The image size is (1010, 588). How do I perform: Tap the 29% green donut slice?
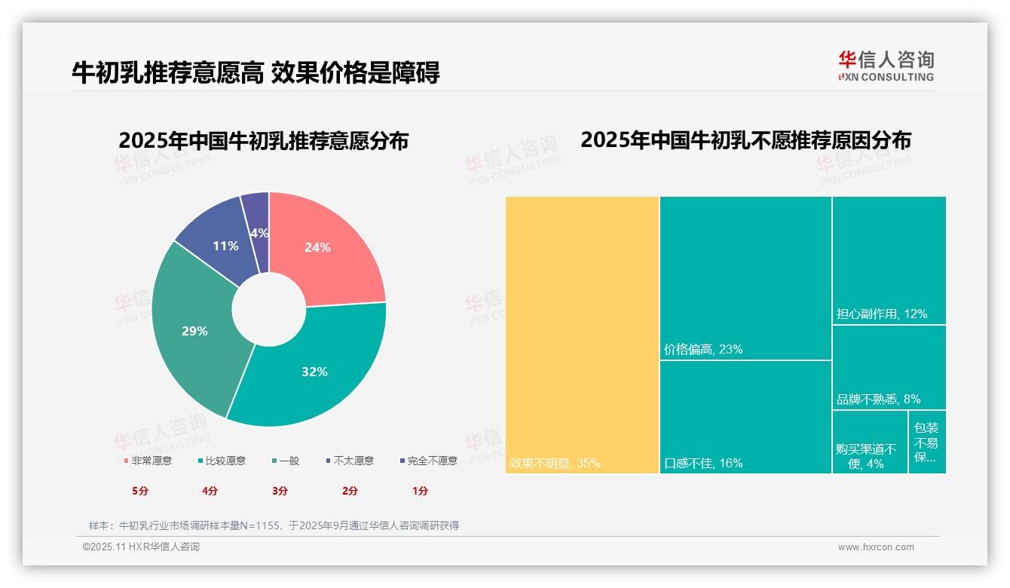tap(194, 330)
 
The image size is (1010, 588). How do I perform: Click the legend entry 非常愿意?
tap(148, 461)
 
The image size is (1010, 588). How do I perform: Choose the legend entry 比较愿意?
tap(222, 461)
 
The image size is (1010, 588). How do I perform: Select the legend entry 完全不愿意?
tap(429, 461)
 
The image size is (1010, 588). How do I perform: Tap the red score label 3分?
tap(280, 491)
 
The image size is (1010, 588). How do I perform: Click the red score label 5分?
tap(140, 491)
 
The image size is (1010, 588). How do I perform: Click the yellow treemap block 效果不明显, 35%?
tap(582, 335)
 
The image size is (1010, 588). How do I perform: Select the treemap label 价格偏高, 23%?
tap(703, 349)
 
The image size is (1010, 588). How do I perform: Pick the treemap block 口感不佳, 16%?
tap(745, 417)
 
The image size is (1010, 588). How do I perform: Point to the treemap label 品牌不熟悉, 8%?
tap(878, 399)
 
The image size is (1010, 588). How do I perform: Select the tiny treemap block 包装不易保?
tap(926, 442)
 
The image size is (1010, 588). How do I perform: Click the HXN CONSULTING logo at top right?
tap(886, 66)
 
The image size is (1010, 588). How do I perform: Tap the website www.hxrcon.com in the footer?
tap(876, 547)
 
